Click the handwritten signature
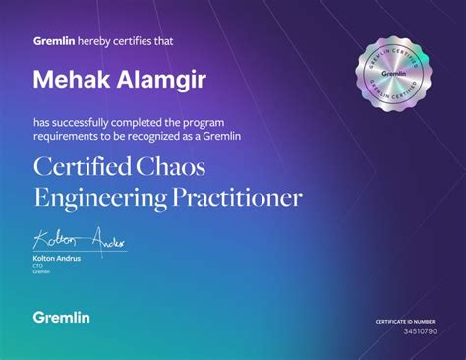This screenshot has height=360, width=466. [79, 239]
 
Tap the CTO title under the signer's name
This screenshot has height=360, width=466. [39, 265]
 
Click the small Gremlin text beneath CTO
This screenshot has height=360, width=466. [42, 271]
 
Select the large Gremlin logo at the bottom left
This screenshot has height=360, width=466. [61, 317]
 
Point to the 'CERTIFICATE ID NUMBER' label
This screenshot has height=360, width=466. [404, 322]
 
